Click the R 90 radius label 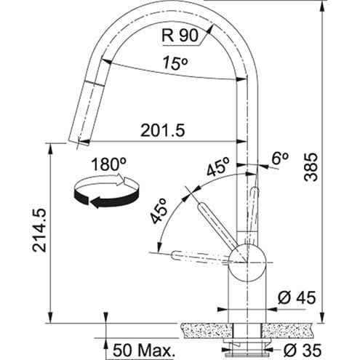tap(180, 36)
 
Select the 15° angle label tap(175, 63)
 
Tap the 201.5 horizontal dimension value tap(163, 130)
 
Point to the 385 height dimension tap(311, 167)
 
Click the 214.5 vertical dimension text tap(39, 231)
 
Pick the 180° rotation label tap(109, 164)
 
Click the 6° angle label tap(280, 159)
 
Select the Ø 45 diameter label tap(297, 297)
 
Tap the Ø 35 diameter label tap(302, 350)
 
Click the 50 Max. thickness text tap(144, 351)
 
